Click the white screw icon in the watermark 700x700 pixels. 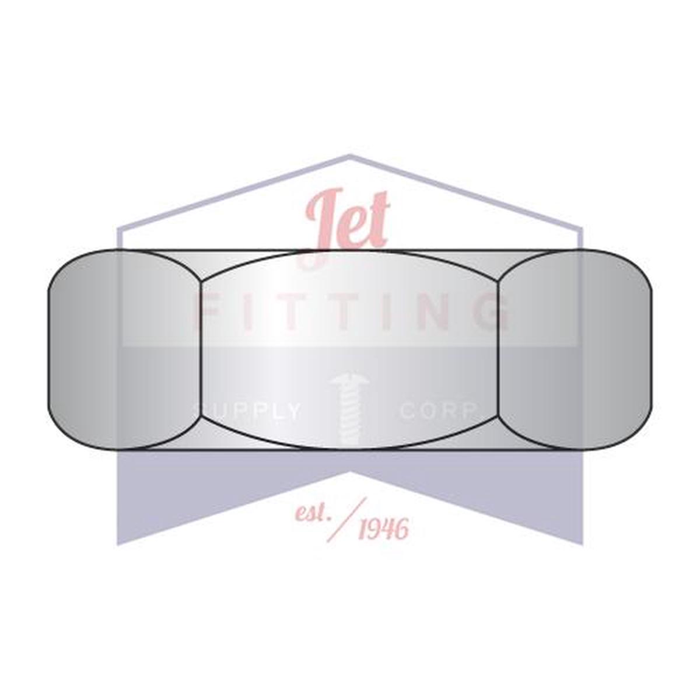(349, 409)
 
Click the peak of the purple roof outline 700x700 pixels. (349, 156)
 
